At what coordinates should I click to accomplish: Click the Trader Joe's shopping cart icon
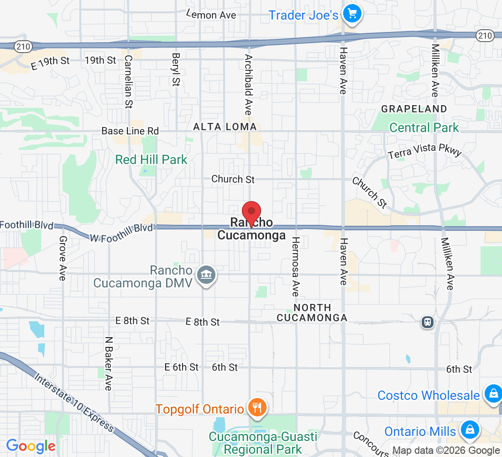pos(351,14)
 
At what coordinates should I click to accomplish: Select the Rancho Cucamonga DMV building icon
pos(207,275)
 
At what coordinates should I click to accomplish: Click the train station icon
pos(428,322)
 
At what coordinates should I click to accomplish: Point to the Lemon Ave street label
pos(211,15)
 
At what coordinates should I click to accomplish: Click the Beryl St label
pos(176,69)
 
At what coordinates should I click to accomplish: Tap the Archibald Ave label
pos(248,85)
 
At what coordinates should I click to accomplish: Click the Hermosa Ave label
pos(296,267)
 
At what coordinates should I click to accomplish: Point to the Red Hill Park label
pos(152,159)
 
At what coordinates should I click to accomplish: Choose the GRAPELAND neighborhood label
pos(414,109)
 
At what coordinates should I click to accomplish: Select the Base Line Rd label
pos(130,131)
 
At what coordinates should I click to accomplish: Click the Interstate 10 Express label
pos(74,402)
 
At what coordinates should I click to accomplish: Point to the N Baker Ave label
pos(108,364)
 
